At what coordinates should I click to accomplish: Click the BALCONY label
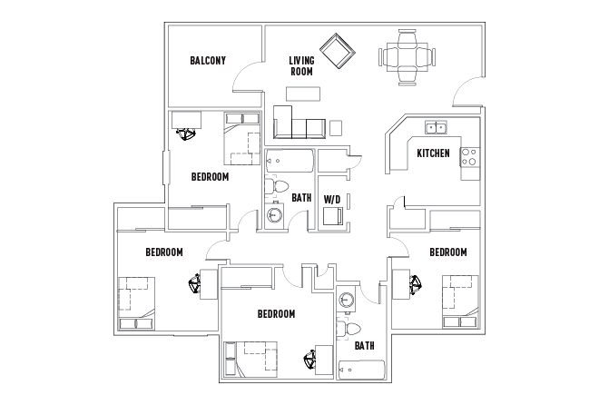point(208,62)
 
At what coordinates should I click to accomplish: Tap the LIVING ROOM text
point(301,66)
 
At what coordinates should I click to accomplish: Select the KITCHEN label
point(433,153)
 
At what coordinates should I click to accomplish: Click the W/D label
point(331,197)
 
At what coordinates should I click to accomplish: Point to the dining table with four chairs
point(405,57)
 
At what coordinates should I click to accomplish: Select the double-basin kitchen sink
point(437,128)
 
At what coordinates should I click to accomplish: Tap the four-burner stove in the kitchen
point(469,156)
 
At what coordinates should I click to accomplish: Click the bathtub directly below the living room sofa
point(290,163)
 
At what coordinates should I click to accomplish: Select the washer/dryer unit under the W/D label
point(333,215)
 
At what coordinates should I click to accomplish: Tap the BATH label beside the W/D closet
point(301,197)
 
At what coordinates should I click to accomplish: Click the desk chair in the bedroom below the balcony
point(189,133)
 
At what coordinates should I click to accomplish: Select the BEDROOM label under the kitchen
point(447,252)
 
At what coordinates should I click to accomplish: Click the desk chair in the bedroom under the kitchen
point(417,287)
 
